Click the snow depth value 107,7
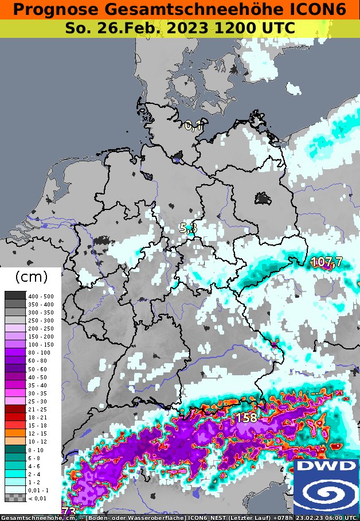click(x=326, y=262)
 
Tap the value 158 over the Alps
click(x=246, y=418)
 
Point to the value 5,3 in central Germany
click(x=188, y=228)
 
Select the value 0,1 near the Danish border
click(x=194, y=126)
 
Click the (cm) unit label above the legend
click(x=30, y=277)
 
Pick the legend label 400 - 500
click(x=41, y=296)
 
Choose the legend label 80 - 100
click(x=41, y=352)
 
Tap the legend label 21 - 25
click(x=41, y=409)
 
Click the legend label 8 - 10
click(x=41, y=450)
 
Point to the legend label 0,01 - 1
click(x=41, y=491)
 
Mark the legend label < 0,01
click(x=41, y=499)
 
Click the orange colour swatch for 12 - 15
click(x=15, y=434)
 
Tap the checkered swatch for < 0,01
click(x=15, y=499)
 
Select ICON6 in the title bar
click(x=321, y=10)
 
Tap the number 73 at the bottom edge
click(x=69, y=510)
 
